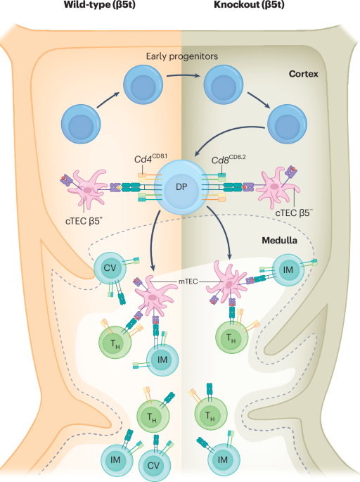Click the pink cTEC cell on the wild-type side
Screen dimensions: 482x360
(x=92, y=189)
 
